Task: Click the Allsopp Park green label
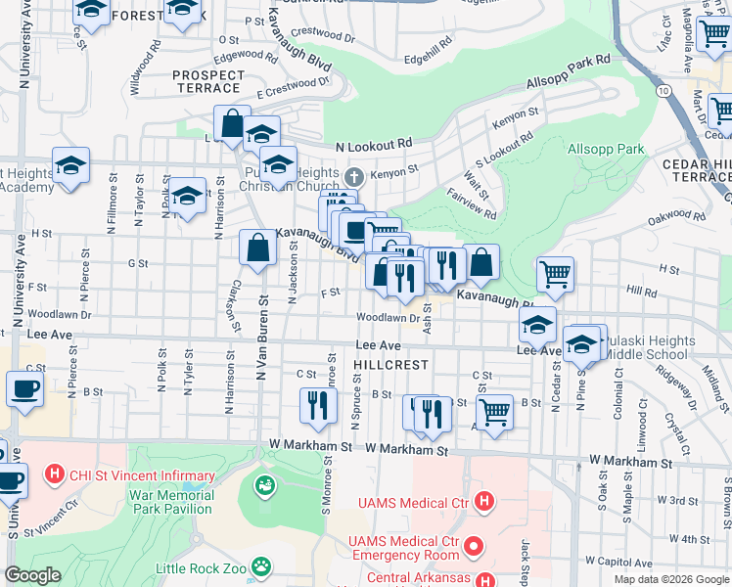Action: coord(606,149)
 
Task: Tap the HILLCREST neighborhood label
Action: coord(390,364)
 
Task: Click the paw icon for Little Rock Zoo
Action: coord(260,565)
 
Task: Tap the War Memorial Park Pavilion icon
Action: coord(263,484)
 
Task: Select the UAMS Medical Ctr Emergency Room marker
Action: coord(475,544)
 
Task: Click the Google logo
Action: coord(32,575)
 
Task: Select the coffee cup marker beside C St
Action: coord(25,388)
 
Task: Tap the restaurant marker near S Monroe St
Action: coord(316,404)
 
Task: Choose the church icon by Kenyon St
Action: coord(354,176)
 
